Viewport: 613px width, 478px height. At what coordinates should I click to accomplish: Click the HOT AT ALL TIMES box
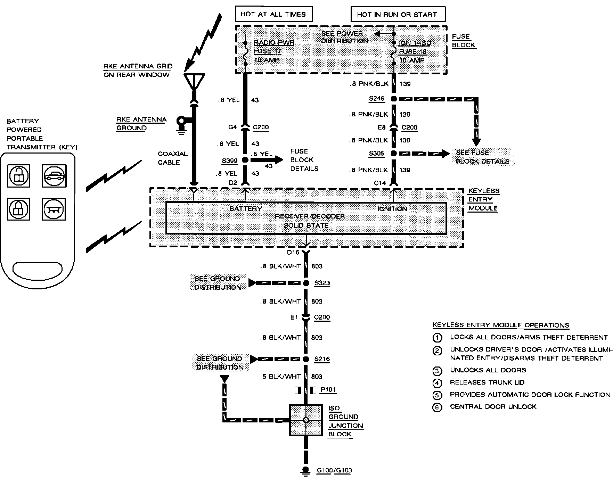point(273,14)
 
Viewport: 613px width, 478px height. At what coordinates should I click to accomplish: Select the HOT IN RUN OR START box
point(398,14)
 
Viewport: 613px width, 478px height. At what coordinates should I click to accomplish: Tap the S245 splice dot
point(394,99)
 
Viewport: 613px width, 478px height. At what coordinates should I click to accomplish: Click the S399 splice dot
point(245,160)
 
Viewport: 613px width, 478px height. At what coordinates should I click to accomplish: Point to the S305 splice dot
point(394,153)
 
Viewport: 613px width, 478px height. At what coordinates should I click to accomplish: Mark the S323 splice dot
point(306,283)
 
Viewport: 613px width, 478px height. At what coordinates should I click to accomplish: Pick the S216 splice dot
point(306,359)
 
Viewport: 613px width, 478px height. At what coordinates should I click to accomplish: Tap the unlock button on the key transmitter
point(19,176)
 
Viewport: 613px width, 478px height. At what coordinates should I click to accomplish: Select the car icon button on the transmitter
point(54,176)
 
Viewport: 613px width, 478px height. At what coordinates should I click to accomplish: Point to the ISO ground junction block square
point(306,420)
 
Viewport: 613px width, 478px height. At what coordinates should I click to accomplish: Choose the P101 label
point(328,390)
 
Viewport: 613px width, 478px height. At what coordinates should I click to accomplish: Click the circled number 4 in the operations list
point(437,383)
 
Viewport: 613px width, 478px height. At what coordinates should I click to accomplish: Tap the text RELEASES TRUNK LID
point(487,382)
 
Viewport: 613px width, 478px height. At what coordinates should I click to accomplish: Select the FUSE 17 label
point(267,51)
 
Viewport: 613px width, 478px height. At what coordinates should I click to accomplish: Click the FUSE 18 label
point(412,51)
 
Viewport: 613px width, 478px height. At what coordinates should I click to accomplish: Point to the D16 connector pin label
point(293,253)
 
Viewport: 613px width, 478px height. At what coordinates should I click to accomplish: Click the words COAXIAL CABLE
point(173,158)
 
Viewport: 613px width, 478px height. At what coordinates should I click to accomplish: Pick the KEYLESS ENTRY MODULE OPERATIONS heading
point(501,325)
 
